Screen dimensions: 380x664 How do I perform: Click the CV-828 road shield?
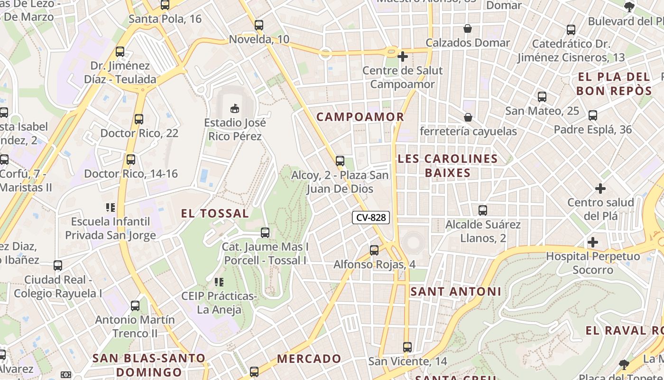[x=371, y=218]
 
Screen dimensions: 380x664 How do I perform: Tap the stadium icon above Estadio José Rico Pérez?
[x=234, y=108]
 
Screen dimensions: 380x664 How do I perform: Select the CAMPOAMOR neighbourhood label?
[x=360, y=117]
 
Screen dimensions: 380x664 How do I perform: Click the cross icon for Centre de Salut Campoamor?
[x=402, y=57]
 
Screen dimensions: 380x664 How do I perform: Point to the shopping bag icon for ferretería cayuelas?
[x=468, y=117]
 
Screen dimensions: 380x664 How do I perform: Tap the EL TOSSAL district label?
[x=215, y=214]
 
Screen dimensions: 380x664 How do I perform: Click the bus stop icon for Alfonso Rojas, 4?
[x=374, y=250]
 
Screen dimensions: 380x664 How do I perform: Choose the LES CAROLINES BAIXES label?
[x=448, y=165]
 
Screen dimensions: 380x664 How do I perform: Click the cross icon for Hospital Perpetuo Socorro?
[x=592, y=242]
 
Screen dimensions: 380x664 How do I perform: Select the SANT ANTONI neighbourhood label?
[x=455, y=291]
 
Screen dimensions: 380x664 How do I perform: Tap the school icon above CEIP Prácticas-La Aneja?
[x=219, y=282]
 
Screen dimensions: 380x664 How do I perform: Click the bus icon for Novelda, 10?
[x=259, y=25]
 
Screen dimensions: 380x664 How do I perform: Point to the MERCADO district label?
[x=309, y=359]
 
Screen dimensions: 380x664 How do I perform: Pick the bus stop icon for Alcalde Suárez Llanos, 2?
[x=483, y=210]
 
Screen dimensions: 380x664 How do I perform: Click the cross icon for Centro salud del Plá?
[x=600, y=189]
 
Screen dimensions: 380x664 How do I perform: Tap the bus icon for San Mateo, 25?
[x=542, y=97]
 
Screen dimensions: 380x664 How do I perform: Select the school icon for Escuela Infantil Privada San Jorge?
[x=111, y=208]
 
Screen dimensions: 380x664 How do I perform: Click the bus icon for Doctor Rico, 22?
[x=139, y=119]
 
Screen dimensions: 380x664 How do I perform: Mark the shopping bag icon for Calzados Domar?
[x=468, y=28]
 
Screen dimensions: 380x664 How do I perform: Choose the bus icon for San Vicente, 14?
[x=407, y=347]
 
